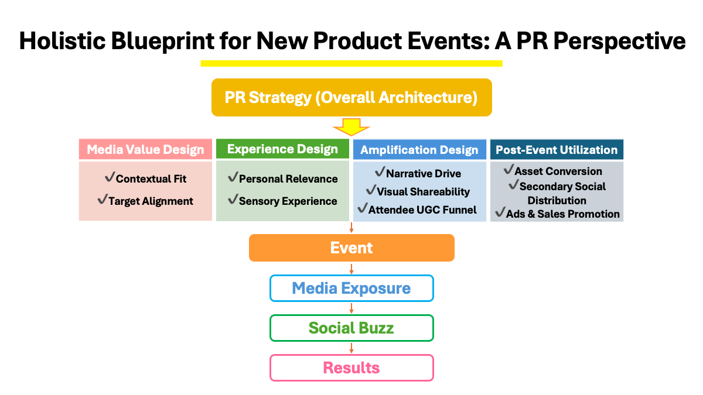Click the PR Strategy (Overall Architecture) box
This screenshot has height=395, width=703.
coord(351,97)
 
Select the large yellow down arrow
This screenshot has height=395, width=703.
coord(351,127)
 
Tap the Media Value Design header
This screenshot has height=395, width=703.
coord(145,149)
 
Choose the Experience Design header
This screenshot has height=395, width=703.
coord(282,149)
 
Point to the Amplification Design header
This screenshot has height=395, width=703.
coord(419,149)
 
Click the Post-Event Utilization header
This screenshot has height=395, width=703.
coord(557,149)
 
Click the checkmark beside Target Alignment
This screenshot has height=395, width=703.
coord(103,200)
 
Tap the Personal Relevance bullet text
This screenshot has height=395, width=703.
coord(288,178)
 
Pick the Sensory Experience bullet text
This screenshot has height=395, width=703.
coord(288,201)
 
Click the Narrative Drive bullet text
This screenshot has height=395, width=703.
coord(424,173)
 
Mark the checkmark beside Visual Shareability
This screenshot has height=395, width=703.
coord(370,190)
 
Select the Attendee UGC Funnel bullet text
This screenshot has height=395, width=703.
coord(422,209)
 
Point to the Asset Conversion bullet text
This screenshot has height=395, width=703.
coord(558,171)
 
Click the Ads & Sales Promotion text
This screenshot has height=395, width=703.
coord(563,214)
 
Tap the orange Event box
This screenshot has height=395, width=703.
coord(351,248)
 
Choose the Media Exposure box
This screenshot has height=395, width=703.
coord(351,288)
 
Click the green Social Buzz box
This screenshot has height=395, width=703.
coord(351,328)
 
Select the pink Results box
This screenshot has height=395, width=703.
coord(351,367)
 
